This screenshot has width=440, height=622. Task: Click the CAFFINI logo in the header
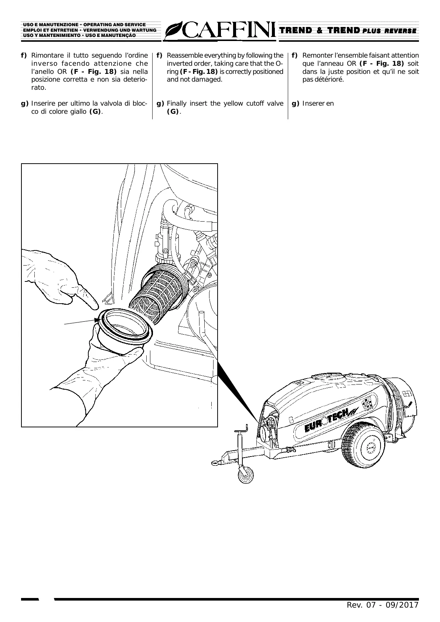point(221,31)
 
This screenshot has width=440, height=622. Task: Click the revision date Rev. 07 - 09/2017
point(382,605)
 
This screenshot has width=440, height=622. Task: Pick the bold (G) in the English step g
point(173,112)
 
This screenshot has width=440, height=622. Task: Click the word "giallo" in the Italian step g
point(78,112)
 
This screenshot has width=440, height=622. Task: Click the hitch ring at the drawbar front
point(215,461)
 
